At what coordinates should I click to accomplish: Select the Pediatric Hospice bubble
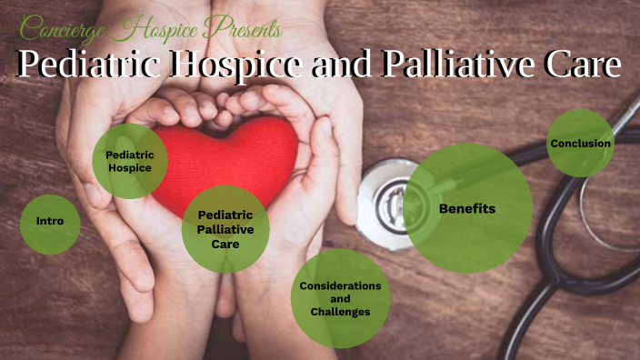tap(130, 161)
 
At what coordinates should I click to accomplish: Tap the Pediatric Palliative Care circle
tap(225, 229)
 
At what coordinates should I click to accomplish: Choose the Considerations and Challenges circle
tap(341, 298)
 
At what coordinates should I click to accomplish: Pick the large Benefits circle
tap(467, 208)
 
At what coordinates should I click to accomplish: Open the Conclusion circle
tap(580, 144)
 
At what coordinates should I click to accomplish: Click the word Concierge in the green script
tap(65, 29)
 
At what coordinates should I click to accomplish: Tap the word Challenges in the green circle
tap(340, 312)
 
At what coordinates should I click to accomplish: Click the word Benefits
tap(467, 209)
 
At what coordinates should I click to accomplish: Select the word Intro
tap(49, 221)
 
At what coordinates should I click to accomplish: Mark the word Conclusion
tap(580, 143)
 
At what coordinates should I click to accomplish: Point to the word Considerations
tap(341, 286)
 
